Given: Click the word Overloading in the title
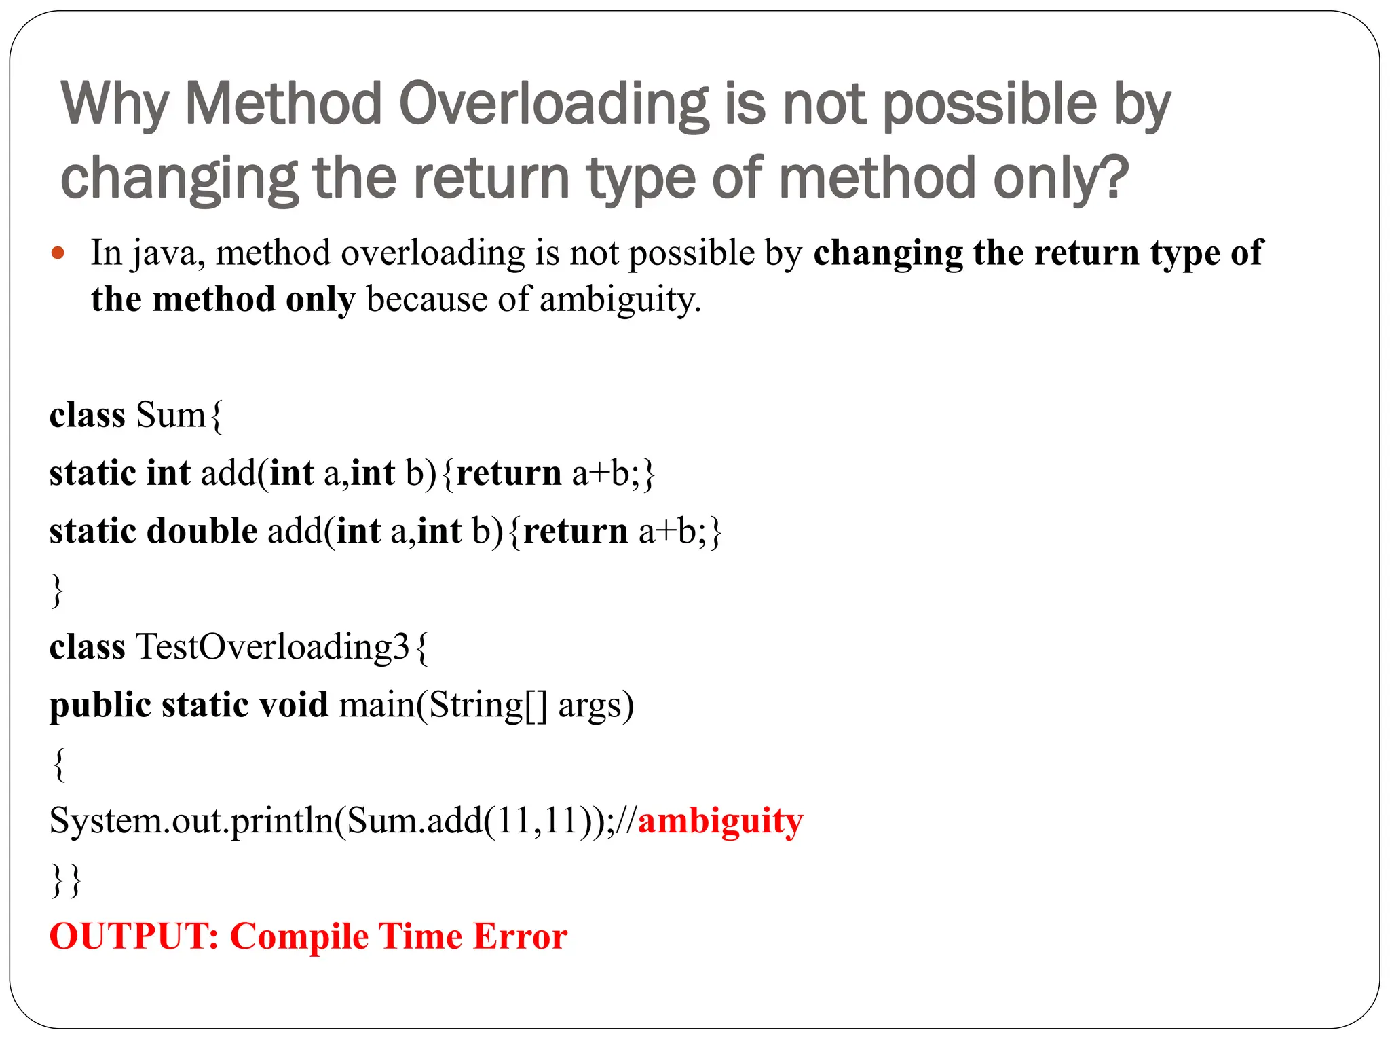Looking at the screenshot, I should (x=553, y=105).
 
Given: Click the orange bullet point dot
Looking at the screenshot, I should (x=58, y=253).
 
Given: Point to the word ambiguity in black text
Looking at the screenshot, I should (x=620, y=299).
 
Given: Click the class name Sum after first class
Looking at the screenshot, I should (x=170, y=415).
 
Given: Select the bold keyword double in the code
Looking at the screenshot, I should (x=202, y=531).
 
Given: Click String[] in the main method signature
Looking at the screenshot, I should (x=487, y=705).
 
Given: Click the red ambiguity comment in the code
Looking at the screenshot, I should (x=720, y=821).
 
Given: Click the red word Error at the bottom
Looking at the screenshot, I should (x=520, y=936).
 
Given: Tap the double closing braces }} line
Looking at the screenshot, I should (x=67, y=880).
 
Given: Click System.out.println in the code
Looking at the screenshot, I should (x=191, y=821).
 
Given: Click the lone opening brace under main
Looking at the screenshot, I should (x=59, y=765).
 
